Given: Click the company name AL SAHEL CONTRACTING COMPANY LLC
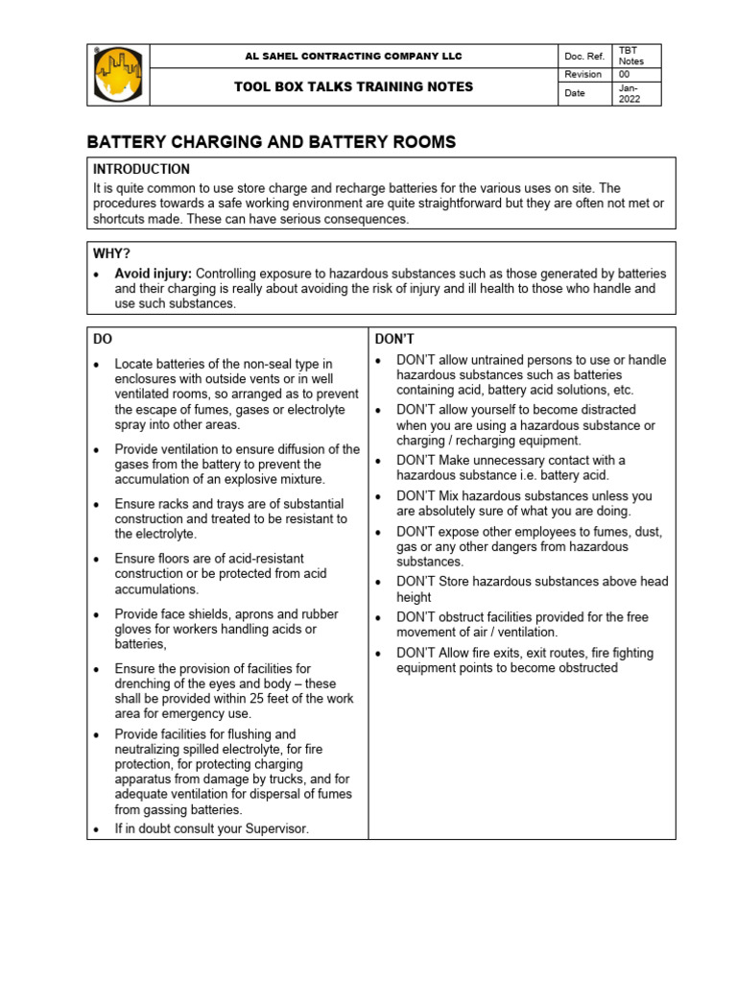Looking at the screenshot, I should pos(354,57).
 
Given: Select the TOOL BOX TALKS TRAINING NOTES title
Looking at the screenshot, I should pos(354,86).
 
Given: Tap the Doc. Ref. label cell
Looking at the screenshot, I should pos(583,57).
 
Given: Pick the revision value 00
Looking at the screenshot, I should pos(625,74).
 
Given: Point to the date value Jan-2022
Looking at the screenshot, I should pos(630,93).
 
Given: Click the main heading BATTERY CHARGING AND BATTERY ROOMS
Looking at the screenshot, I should pos(272,142).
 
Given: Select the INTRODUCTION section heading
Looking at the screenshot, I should pos(141,169).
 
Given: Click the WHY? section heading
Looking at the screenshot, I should pos(112,253).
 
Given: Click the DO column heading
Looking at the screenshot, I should pos(103,339).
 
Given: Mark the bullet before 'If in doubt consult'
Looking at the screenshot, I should pos(98,829).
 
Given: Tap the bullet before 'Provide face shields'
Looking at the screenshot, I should pos(98,614).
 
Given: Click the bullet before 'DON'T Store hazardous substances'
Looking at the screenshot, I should pos(380,582).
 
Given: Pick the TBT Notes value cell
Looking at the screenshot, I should pos(632,56).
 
